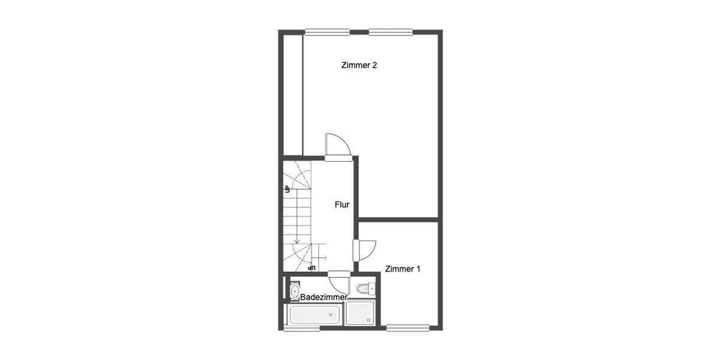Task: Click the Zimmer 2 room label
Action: (x=359, y=65)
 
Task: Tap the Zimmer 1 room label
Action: (x=403, y=269)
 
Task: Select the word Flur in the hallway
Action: (x=342, y=205)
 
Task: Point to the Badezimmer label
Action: (x=324, y=297)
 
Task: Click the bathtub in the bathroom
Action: (x=314, y=314)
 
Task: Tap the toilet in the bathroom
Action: (x=365, y=288)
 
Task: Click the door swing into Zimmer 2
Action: (x=337, y=146)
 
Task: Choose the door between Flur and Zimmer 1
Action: (x=365, y=249)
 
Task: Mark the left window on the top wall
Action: (x=326, y=32)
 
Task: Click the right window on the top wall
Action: (x=391, y=32)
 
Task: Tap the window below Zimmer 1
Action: (x=407, y=328)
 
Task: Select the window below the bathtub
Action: (x=301, y=328)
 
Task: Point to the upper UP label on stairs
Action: (x=287, y=189)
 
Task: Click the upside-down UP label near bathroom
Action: (x=311, y=266)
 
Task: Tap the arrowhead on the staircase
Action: (x=296, y=241)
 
